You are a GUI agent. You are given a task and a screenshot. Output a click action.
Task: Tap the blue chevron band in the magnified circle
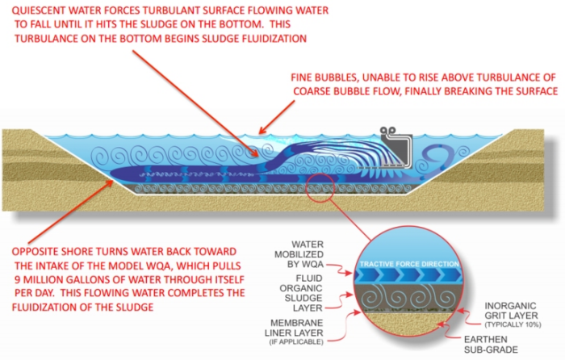coord(420,276)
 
